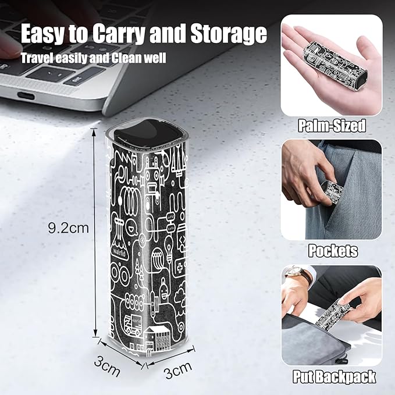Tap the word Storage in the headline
229,34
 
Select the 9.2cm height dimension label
69,228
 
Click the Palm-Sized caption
332,126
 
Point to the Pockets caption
333,251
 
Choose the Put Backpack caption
334,377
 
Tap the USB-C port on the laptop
26,96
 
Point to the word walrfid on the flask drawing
119,252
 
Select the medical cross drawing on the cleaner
180,268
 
